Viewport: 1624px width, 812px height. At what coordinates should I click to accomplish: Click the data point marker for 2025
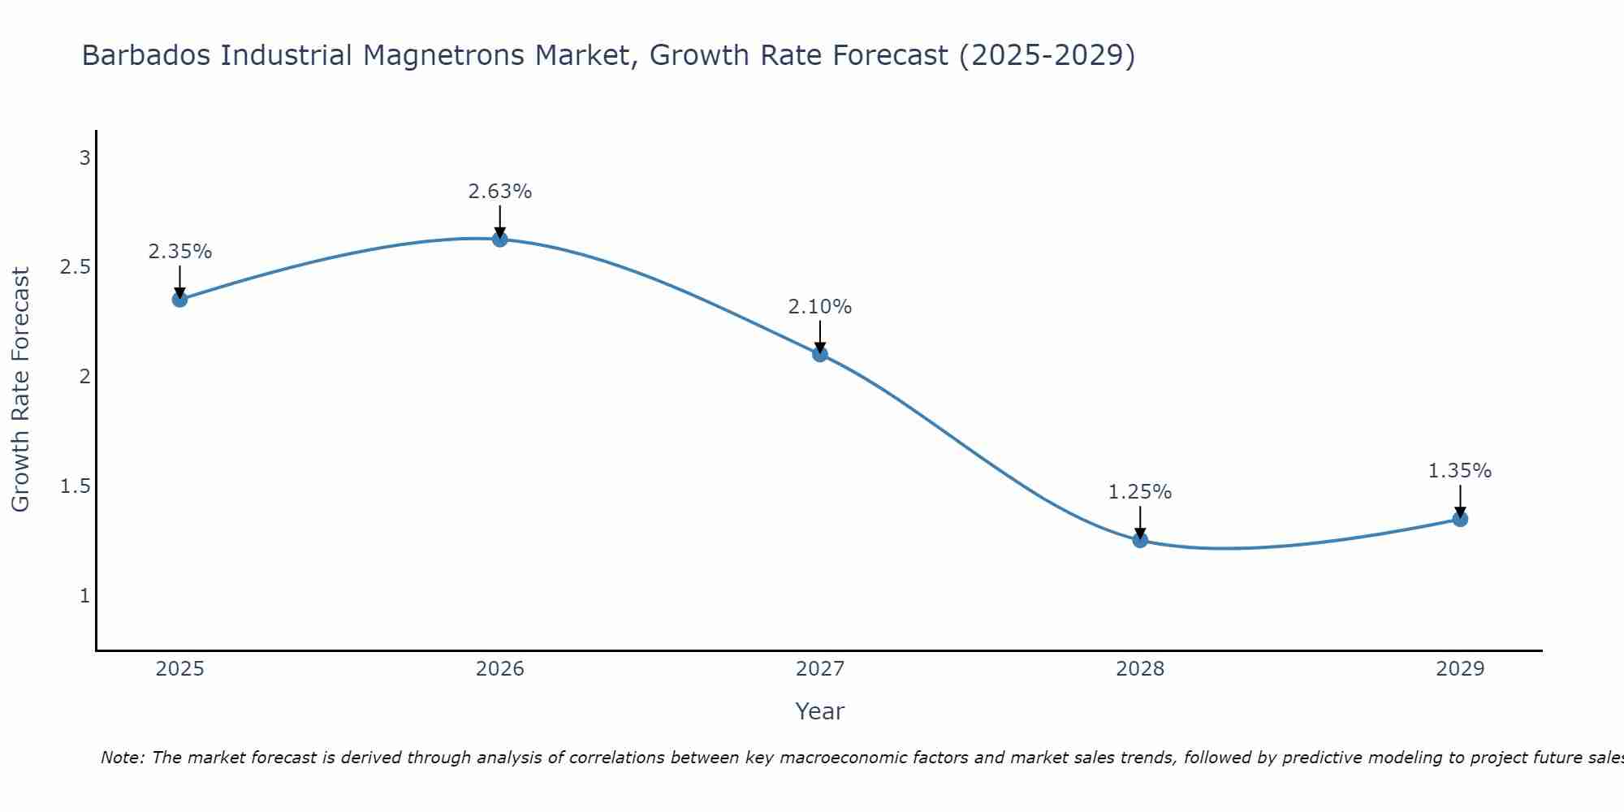179,299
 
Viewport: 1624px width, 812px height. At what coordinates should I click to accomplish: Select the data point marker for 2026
499,239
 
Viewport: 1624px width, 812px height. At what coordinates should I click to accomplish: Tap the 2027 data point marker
820,353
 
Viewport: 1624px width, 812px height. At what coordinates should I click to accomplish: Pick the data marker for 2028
1140,540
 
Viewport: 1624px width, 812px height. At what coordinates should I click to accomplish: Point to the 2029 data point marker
1460,519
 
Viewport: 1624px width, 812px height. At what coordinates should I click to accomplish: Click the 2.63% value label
499,192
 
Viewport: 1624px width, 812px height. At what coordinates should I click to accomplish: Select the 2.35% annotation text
179,252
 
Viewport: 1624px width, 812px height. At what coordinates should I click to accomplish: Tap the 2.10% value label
820,307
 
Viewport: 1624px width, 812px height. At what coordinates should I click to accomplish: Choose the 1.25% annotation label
1140,492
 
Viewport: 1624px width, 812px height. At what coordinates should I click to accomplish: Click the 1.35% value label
1460,471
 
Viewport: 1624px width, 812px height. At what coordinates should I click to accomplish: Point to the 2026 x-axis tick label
499,669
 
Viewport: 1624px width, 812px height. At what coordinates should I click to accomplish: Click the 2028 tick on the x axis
1140,669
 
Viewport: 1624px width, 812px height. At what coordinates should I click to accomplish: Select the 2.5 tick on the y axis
75,267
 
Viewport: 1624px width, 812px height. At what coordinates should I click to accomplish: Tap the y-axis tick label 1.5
75,486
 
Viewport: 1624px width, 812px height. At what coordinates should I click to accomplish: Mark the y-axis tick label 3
84,158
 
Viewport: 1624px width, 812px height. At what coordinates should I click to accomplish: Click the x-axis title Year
820,711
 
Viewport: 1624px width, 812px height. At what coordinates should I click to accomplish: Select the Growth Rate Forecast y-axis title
20,390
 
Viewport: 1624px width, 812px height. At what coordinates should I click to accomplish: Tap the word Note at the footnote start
122,758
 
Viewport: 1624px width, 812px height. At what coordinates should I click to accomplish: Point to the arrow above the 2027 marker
820,336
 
